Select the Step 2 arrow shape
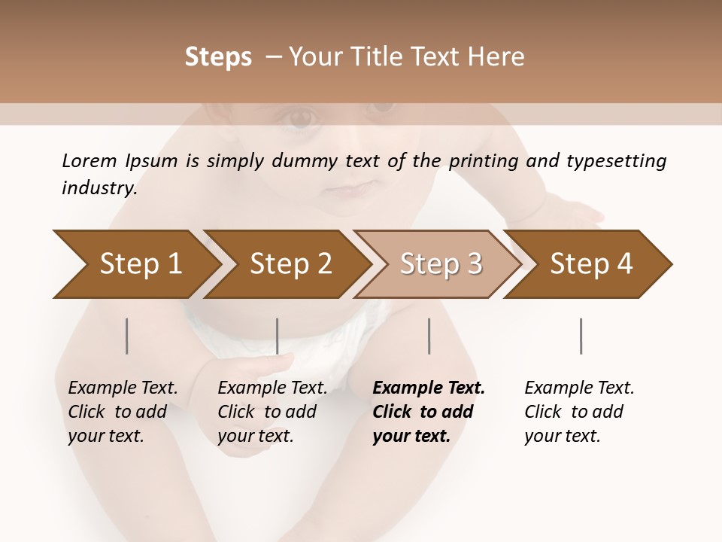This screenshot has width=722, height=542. [290, 264]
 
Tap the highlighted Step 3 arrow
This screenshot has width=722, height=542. [441, 264]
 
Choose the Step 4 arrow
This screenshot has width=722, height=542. [591, 264]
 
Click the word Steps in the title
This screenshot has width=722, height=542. [218, 57]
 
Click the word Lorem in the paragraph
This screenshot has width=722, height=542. [89, 160]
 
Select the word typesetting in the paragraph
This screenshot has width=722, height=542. [616, 161]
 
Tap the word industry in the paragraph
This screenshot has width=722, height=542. [99, 187]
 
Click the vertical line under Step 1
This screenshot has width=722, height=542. [127, 336]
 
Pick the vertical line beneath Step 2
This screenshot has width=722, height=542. [278, 336]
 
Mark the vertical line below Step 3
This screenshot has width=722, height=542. [429, 336]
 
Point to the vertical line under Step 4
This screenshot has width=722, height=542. [581, 336]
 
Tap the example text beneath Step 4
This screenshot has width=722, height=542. [579, 412]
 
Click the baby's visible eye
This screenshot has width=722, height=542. [299, 117]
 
